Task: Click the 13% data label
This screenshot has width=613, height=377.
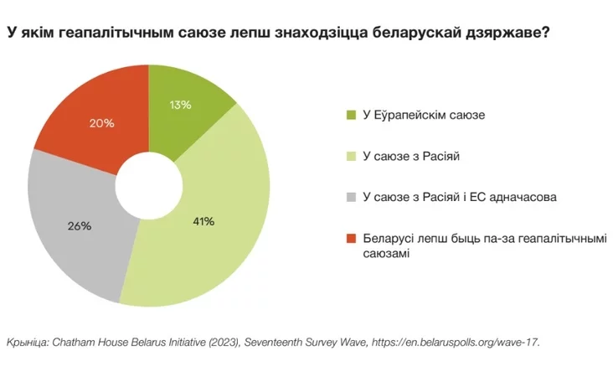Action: click(x=179, y=105)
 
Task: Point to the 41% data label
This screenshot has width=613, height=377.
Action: click(x=203, y=222)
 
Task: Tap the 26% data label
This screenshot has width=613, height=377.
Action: click(x=79, y=225)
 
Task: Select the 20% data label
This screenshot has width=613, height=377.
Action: click(x=102, y=123)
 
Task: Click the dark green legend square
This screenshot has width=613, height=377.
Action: click(x=350, y=114)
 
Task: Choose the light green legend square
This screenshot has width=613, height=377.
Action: click(x=350, y=156)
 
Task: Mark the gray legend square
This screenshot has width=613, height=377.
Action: click(x=350, y=198)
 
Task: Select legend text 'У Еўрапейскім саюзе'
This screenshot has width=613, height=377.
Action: click(x=424, y=114)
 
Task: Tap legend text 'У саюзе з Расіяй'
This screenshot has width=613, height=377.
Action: click(x=413, y=156)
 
